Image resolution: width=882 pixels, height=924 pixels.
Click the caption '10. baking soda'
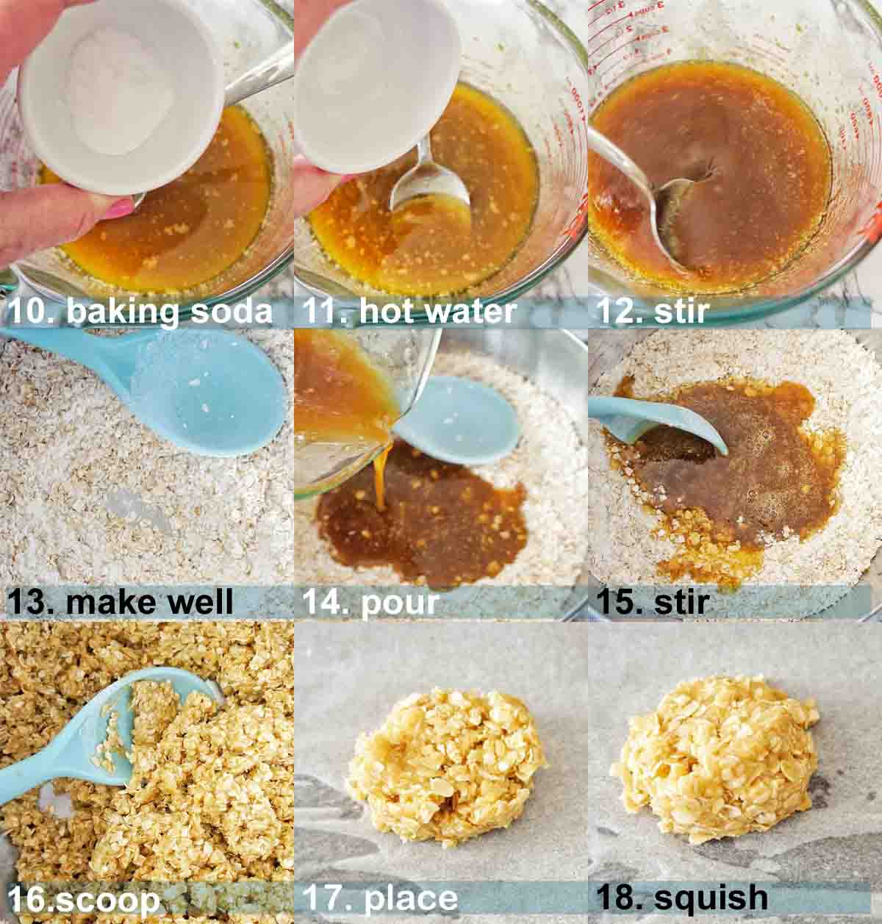tap(140, 312)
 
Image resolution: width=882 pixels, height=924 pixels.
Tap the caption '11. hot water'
tap(409, 312)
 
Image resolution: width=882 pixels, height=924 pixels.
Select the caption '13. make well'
tap(121, 603)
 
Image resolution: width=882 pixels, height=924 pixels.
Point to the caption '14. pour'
tap(370, 603)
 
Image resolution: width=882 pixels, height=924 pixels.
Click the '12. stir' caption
tap(652, 312)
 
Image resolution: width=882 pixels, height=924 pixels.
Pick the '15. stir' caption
tap(652, 603)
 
